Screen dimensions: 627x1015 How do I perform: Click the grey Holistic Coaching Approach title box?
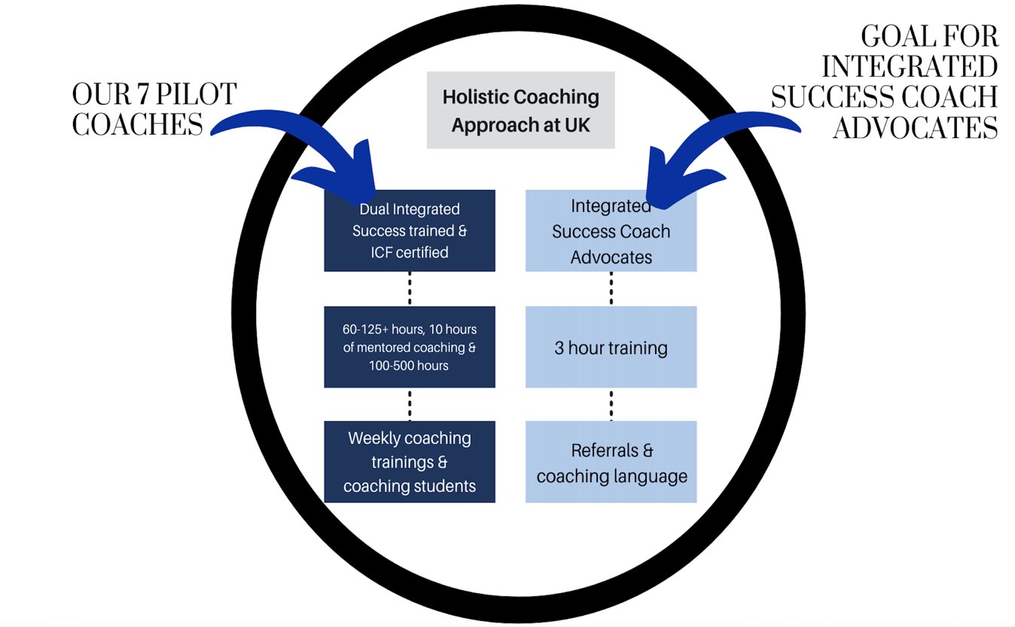tap(520, 110)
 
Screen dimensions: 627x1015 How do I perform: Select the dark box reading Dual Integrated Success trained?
tap(410, 231)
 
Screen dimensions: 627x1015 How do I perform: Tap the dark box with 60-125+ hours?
tap(410, 347)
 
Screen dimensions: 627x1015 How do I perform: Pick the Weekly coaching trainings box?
tap(410, 462)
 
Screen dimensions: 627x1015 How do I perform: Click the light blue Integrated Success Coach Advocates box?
tap(611, 231)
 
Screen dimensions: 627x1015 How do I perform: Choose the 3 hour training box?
tap(611, 347)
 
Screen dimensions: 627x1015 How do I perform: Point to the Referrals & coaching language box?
tap(611, 463)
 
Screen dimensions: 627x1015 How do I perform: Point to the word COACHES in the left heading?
tap(138, 124)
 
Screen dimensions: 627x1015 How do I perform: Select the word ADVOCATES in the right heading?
tap(915, 128)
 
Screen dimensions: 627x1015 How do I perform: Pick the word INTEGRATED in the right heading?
tap(910, 67)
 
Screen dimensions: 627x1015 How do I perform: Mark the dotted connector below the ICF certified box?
tap(410, 289)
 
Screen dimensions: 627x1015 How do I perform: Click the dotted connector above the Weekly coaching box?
tap(410, 404)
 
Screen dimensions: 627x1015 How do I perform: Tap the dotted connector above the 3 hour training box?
tap(611, 289)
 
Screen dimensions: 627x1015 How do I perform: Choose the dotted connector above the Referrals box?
tap(611, 404)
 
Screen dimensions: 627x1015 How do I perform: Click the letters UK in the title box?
tap(577, 125)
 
